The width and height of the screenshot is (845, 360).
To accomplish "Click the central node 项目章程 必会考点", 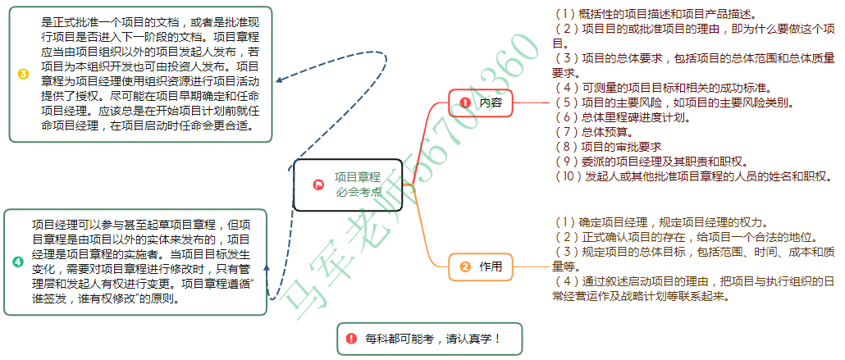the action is tap(348, 185).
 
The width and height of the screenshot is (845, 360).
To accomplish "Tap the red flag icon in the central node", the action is tap(318, 185).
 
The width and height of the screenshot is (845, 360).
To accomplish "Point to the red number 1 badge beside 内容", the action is tap(465, 103).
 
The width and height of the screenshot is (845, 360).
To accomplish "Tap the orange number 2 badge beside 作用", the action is tap(465, 267).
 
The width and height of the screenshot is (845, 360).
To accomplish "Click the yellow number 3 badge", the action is tap(23, 74).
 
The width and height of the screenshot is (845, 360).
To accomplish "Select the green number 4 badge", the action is tap(18, 262).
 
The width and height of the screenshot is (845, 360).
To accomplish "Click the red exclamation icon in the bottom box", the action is tap(351, 338).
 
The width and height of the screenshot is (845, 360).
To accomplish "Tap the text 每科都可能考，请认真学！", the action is tap(432, 338).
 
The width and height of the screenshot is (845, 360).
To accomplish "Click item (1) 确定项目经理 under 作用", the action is tap(660, 221).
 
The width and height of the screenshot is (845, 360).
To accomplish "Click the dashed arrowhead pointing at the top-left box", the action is tap(279, 81).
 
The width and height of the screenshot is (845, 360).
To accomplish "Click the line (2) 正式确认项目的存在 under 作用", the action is tap(660, 236).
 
